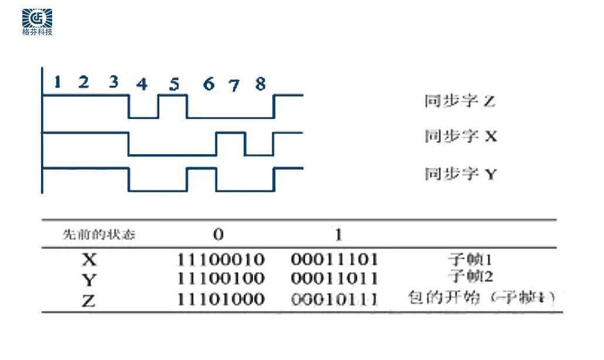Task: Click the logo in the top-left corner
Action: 37,22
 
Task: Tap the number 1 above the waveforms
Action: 57,82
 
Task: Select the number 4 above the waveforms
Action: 141,84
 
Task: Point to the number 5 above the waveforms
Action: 174,84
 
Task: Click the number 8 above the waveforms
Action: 260,84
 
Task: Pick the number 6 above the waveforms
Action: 209,84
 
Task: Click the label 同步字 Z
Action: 459,101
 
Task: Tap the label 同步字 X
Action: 460,137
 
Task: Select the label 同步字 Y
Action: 460,174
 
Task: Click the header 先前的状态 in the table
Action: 98,235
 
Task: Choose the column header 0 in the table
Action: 218,235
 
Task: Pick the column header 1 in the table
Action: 338,235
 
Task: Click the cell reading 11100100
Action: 221,278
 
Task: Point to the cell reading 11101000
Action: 221,299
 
